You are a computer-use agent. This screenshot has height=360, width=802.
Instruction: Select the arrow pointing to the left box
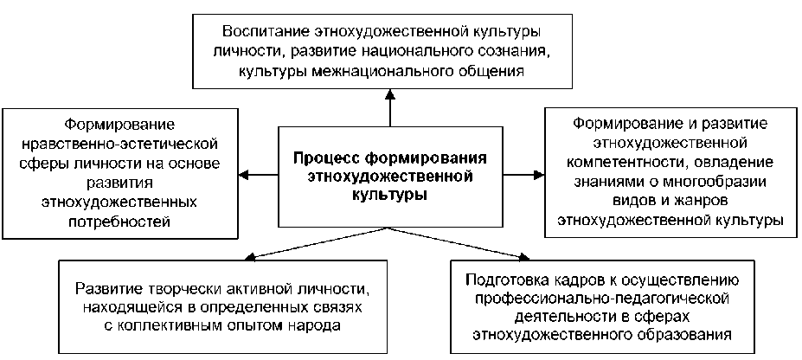246,177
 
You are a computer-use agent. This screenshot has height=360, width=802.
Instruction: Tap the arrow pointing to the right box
537,177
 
